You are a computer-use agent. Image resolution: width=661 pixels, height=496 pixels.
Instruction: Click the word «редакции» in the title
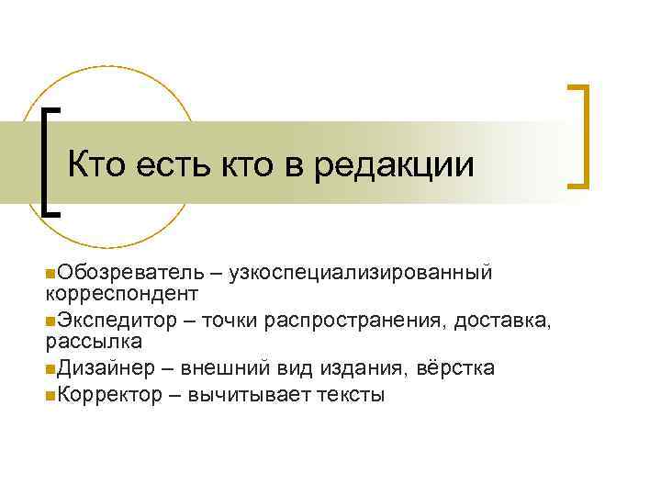[x=394, y=166]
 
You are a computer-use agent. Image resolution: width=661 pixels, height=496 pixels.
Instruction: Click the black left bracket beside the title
[x=50, y=160]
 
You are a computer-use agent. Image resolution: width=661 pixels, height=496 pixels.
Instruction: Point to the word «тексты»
[x=352, y=395]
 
